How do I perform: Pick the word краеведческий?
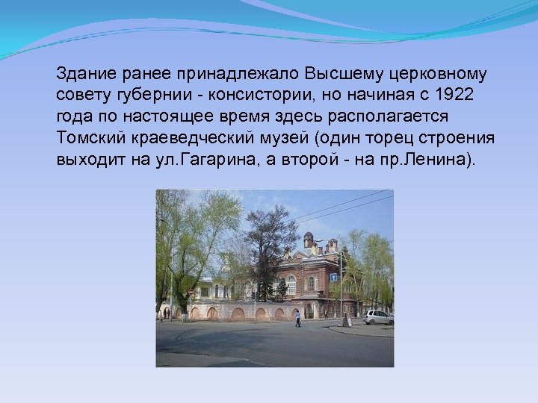(x=189, y=139)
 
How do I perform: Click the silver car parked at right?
(x=378, y=317)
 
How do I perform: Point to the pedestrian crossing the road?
(x=297, y=319)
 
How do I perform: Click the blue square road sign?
(x=333, y=277)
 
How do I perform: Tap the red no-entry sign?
(x=190, y=292)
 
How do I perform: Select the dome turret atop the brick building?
(x=308, y=240)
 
